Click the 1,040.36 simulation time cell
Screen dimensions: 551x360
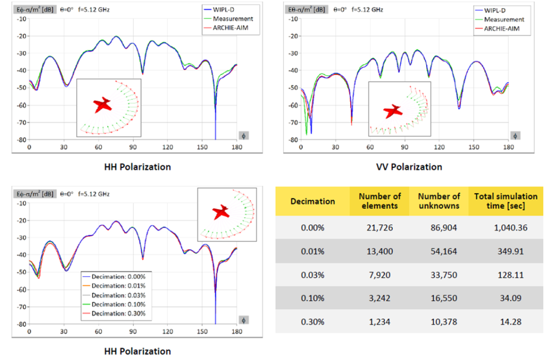click(510, 228)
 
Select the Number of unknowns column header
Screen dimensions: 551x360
click(439, 201)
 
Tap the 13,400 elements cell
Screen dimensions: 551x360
click(379, 251)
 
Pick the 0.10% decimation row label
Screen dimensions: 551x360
click(313, 298)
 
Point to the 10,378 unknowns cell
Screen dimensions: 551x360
click(444, 322)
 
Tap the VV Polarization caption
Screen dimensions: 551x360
click(409, 167)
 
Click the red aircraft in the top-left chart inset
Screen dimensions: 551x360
click(103, 105)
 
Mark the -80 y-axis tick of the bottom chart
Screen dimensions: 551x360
click(22, 324)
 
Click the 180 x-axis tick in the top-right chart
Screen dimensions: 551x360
click(508, 147)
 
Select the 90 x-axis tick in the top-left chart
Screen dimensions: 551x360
click(132, 147)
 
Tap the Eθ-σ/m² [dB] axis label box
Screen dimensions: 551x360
click(306, 10)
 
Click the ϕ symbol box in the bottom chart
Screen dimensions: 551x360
click(244, 320)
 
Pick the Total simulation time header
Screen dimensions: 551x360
click(506, 201)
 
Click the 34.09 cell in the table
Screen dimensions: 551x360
click(511, 298)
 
